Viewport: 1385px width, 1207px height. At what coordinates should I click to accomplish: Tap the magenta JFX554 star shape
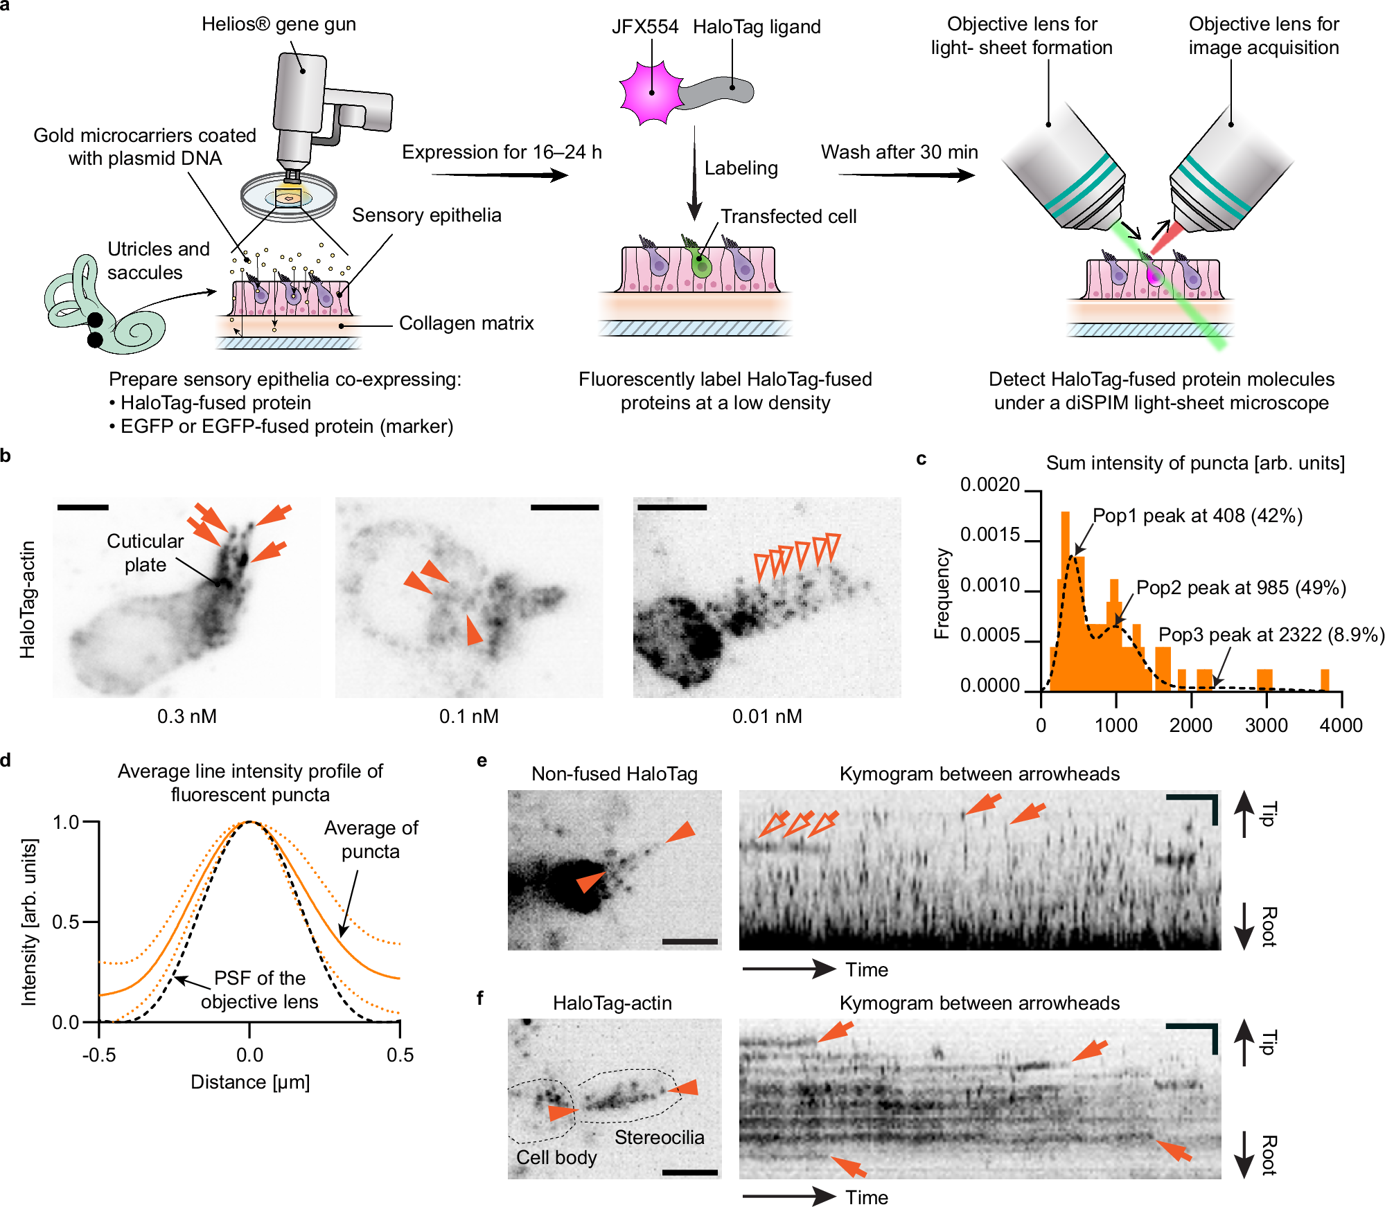651,92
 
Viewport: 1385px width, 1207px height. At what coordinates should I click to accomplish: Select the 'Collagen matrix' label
466,323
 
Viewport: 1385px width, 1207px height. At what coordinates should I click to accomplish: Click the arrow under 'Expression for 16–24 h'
499,175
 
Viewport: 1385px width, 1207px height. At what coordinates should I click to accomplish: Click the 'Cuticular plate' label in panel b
145,553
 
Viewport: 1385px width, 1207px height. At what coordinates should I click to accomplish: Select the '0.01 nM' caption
767,716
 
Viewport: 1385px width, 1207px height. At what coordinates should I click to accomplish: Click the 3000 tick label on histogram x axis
1266,726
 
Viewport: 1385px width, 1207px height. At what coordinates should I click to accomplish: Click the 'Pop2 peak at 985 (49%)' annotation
1241,588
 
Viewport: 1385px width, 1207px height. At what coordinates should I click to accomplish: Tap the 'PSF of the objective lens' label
260,990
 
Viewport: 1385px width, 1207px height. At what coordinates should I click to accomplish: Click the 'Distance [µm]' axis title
250,1082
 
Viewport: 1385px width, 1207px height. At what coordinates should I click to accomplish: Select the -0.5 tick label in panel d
99,1055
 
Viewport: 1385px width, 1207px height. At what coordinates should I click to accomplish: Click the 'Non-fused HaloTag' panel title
614,774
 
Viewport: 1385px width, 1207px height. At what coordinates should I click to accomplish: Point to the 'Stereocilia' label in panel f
659,1137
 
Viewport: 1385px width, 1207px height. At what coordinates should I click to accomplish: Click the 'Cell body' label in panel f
556,1157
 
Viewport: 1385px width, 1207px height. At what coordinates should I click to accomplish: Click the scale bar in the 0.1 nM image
564,508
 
